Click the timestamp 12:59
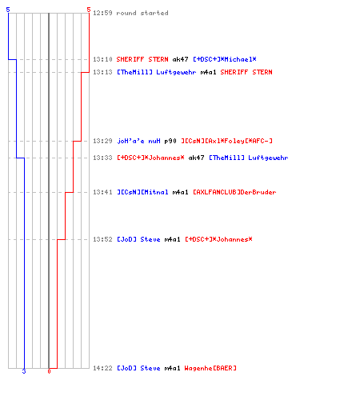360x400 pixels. pyautogui.click(x=102, y=13)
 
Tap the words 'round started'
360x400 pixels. pyautogui.click(x=142, y=13)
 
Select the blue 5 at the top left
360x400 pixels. pyautogui.click(x=8, y=10)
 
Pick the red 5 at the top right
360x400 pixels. pyautogui.click(x=89, y=10)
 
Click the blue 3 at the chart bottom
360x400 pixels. pyautogui.click(x=24, y=371)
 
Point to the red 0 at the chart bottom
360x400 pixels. pyautogui.click(x=49, y=371)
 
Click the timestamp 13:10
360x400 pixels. pyautogui.click(x=102, y=59)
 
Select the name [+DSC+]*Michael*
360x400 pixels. pyautogui.click(x=225, y=59)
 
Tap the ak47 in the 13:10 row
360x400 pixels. pyautogui.click(x=180, y=59)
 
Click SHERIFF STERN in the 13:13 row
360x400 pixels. pyautogui.click(x=246, y=72)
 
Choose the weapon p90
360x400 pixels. pyautogui.click(x=170, y=141)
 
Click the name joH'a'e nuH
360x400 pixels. pyautogui.click(x=138, y=141)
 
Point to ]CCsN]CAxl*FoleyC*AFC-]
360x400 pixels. pyautogui.click(x=226, y=141)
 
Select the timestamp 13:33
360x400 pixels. pyautogui.click(x=102, y=158)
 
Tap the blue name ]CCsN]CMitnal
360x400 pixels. pyautogui.click(x=142, y=192)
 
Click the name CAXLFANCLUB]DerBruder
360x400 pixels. pyautogui.click(x=234, y=192)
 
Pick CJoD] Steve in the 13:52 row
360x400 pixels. pyautogui.click(x=138, y=239)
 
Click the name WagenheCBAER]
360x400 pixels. pyautogui.click(x=210, y=368)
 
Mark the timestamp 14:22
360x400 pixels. pyautogui.click(x=102, y=368)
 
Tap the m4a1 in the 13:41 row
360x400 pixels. pyautogui.click(x=180, y=192)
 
